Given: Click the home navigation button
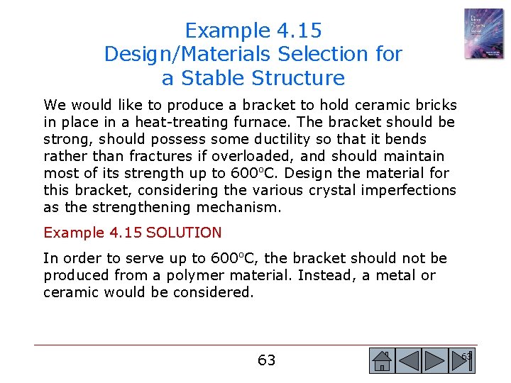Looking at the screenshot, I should tap(382, 361).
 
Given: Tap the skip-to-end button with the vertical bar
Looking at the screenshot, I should tap(462, 361).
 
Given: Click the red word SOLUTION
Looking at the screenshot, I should tap(184, 233).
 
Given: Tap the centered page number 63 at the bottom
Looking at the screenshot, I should tap(266, 360).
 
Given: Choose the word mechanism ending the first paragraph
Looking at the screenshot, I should tap(245, 207).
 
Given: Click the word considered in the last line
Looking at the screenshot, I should tap(215, 292).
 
